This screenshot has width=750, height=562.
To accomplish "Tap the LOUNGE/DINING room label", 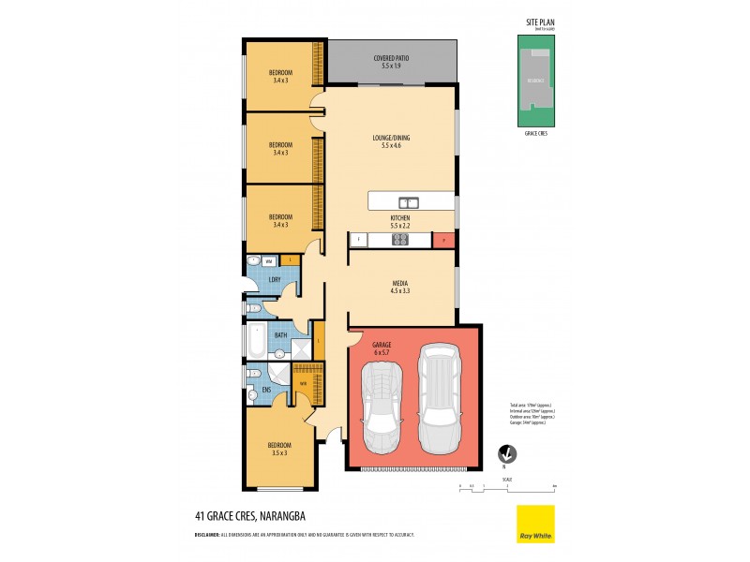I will click(391, 138).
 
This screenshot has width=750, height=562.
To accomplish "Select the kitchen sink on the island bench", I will click(408, 201).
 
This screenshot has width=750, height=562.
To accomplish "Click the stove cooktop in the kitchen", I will click(398, 240).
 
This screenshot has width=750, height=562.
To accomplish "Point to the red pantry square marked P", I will click(444, 240).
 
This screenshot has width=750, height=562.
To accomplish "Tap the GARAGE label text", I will click(382, 345).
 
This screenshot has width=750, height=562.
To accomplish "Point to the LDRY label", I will click(275, 279).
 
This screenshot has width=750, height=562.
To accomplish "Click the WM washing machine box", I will click(268, 260).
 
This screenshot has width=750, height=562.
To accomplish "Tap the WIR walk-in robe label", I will click(304, 383).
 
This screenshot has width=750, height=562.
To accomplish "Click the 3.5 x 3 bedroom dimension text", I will click(279, 452).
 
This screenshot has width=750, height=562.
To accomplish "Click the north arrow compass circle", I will click(505, 454).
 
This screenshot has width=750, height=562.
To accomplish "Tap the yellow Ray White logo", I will click(535, 524).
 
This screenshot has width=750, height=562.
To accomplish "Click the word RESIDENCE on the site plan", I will click(537, 82).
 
